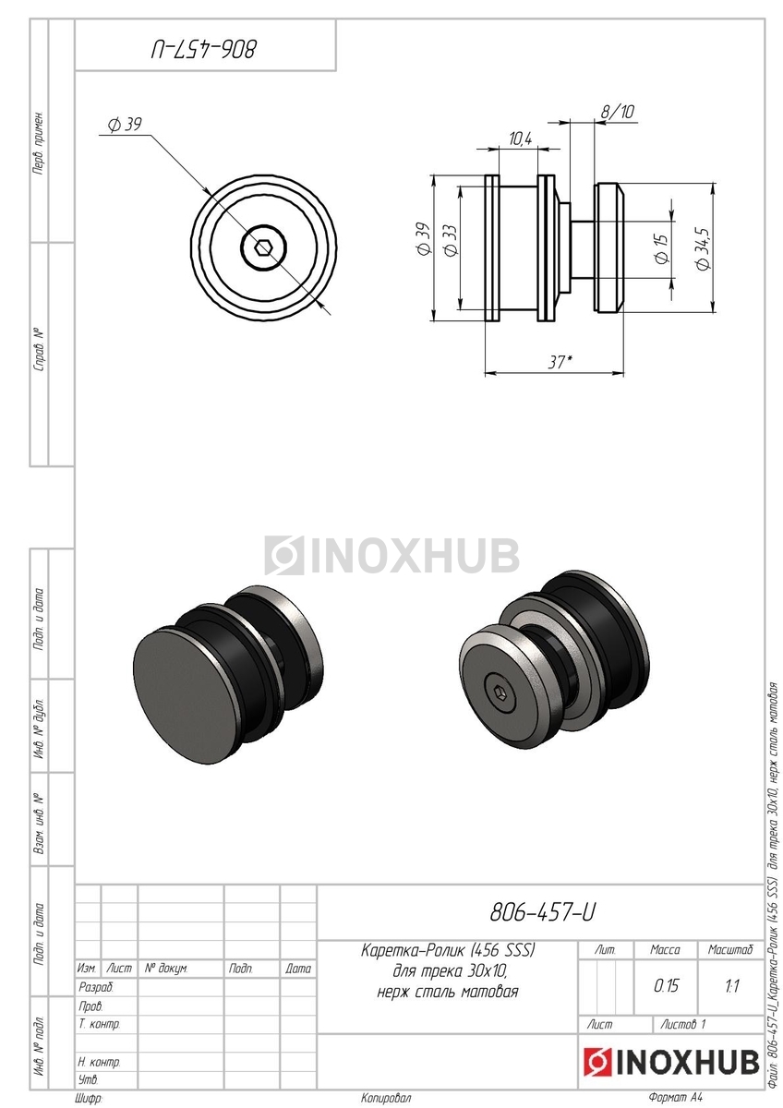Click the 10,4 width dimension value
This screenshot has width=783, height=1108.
[521, 139]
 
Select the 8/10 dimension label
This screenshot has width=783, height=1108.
[618, 112]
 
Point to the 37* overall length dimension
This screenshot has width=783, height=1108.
[560, 363]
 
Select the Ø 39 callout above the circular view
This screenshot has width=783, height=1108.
[126, 125]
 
